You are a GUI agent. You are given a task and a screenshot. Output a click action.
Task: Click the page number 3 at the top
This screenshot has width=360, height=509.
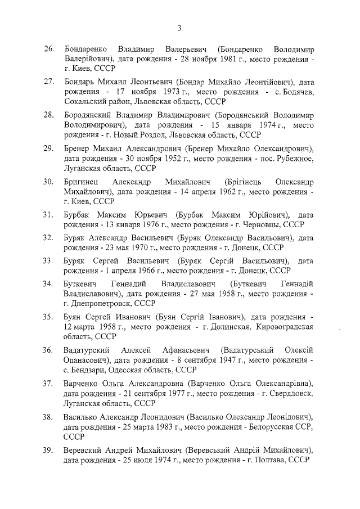(179, 28)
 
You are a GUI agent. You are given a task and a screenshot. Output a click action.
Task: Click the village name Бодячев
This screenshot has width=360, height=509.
(294, 92)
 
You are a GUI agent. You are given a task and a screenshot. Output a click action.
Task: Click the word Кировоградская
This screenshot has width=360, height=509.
(285, 326)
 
